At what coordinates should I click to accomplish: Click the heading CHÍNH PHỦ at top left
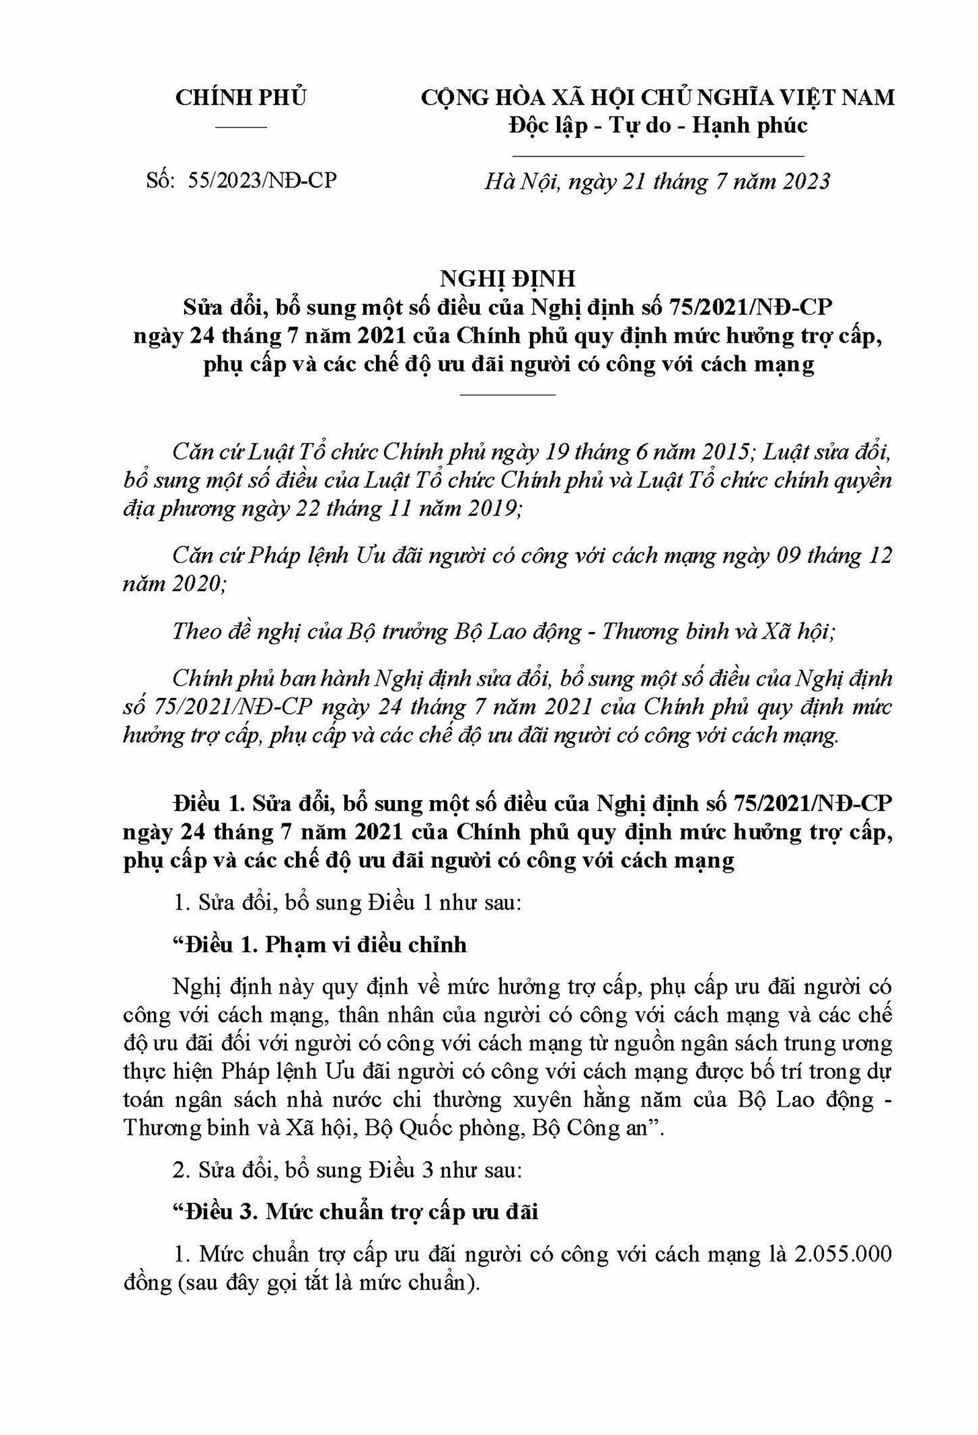(241, 98)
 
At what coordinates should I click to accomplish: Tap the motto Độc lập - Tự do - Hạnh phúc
(658, 125)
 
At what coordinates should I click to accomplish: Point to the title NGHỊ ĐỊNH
(507, 279)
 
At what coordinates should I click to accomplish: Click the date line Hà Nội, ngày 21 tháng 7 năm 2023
(657, 181)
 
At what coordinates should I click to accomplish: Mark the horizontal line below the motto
(658, 157)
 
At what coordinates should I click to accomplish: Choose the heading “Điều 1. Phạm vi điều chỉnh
(319, 945)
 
